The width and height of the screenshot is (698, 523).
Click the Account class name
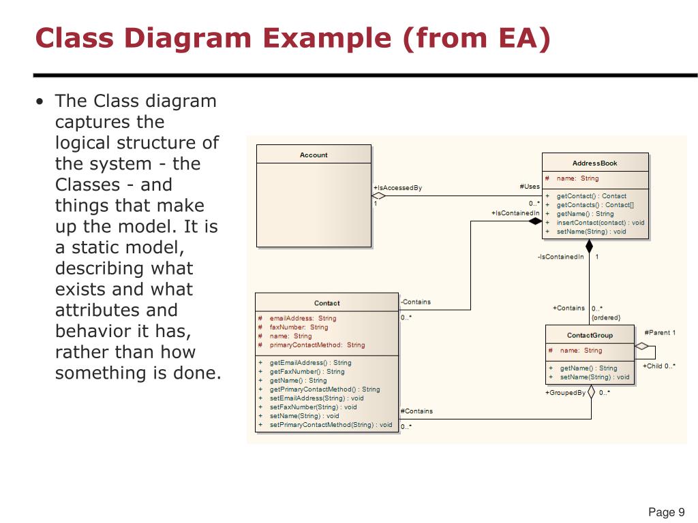point(314,155)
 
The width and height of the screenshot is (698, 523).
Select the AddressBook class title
point(594,163)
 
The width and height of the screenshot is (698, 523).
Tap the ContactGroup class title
point(590,335)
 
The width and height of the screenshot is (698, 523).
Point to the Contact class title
point(327,303)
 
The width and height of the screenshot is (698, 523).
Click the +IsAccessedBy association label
point(397,188)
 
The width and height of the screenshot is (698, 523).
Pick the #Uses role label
point(529,187)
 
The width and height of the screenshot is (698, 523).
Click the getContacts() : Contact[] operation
point(595,205)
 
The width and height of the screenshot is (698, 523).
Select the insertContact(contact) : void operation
point(600,223)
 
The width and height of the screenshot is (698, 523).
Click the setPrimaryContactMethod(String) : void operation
point(331,425)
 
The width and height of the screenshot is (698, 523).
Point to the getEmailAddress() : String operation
point(310,363)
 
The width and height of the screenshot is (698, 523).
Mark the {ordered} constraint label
point(606,317)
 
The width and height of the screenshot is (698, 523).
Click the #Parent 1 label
point(660,333)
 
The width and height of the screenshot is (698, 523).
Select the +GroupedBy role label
point(565,393)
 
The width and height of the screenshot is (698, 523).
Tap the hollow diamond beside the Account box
point(379,196)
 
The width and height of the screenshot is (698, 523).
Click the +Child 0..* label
point(659,366)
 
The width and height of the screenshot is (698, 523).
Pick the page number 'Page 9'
point(666,513)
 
